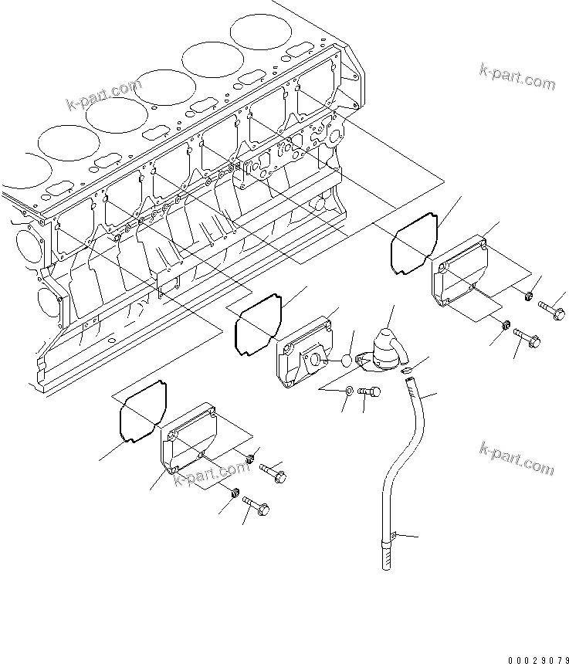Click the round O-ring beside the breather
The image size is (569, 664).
(347, 361)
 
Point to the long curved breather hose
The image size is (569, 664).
(412, 432)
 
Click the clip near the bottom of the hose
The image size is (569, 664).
(393, 534)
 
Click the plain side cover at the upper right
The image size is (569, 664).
(461, 275)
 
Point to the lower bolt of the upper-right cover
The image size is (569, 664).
(527, 338)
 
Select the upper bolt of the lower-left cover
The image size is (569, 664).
(271, 471)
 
